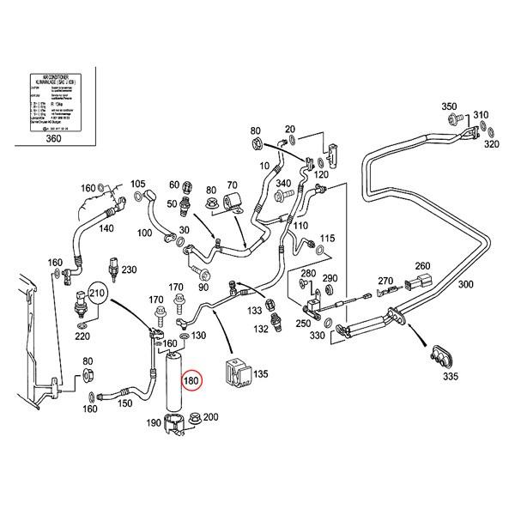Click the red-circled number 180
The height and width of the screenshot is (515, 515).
[191, 379]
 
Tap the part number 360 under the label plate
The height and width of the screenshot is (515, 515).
[52, 138]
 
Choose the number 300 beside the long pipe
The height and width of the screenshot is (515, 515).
[467, 284]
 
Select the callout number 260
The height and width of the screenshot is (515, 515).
[422, 265]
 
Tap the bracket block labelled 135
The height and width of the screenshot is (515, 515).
[234, 373]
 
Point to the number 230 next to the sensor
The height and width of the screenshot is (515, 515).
[129, 270]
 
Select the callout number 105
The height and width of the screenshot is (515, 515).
[137, 185]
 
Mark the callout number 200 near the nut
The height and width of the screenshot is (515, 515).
[210, 417]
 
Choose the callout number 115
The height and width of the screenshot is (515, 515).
[327, 238]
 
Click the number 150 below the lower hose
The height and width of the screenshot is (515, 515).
[125, 403]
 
